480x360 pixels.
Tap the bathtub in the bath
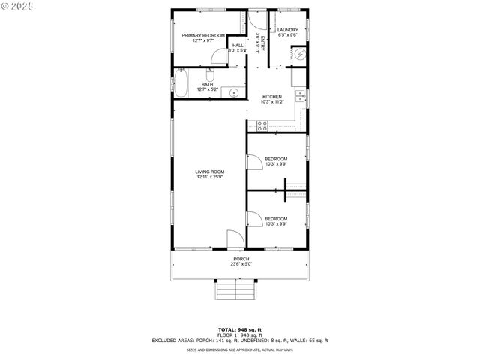point(181,82)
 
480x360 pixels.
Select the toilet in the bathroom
point(210,75)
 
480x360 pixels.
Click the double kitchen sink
point(300,95)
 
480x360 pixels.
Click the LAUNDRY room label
point(288,30)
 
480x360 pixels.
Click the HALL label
point(238,46)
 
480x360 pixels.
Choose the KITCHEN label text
point(271,97)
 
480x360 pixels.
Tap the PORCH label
point(241,259)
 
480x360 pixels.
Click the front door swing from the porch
point(235,241)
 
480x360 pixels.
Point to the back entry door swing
point(257,19)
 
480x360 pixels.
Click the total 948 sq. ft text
point(240,329)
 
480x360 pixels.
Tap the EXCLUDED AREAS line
point(240,340)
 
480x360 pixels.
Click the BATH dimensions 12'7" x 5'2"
point(207,89)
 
